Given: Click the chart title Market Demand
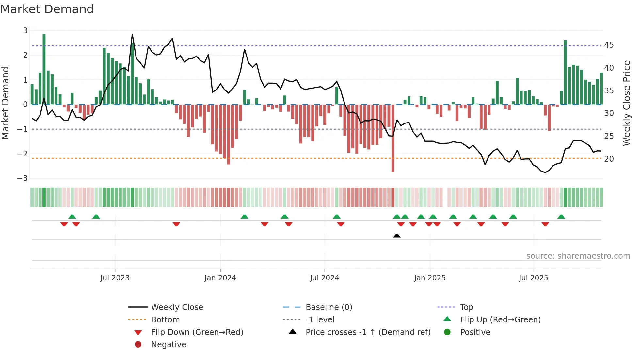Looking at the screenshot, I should click(x=47, y=9).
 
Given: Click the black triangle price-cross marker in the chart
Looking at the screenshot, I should click(x=397, y=236).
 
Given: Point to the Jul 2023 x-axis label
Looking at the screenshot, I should click(x=115, y=278).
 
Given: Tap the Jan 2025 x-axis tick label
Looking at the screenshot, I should click(x=430, y=278).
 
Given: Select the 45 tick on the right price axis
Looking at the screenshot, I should click(x=609, y=45).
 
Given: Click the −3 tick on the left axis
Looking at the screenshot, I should click(x=23, y=178).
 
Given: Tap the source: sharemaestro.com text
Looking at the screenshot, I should click(x=578, y=256).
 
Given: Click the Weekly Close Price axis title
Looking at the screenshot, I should click(x=626, y=103).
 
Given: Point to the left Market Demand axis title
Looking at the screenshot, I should click(x=5, y=103).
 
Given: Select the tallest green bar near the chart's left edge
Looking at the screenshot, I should click(x=44, y=69).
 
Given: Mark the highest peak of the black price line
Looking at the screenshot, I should click(x=132, y=34).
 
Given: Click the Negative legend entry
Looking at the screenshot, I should click(x=168, y=345).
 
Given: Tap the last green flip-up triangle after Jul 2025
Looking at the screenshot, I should click(x=561, y=217).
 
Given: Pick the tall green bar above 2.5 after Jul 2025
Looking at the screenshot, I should click(x=565, y=72).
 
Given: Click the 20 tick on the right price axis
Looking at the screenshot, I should click(x=609, y=159).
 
